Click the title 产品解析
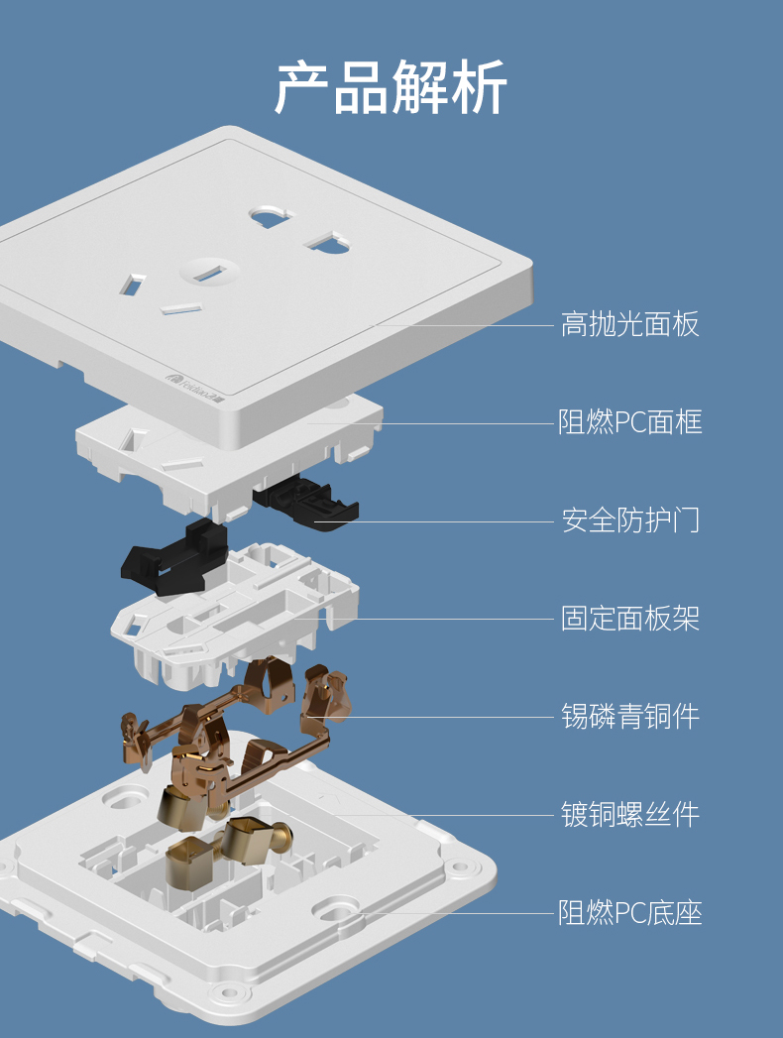click(x=391, y=87)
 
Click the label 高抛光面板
click(x=629, y=324)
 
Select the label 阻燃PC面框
click(x=629, y=422)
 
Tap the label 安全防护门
click(x=629, y=520)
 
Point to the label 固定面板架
click(x=629, y=619)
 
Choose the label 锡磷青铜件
click(x=629, y=716)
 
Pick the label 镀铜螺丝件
click(x=629, y=814)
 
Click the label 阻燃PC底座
click(x=629, y=912)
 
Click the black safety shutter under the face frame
click(x=307, y=502)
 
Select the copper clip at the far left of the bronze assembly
click(x=137, y=741)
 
